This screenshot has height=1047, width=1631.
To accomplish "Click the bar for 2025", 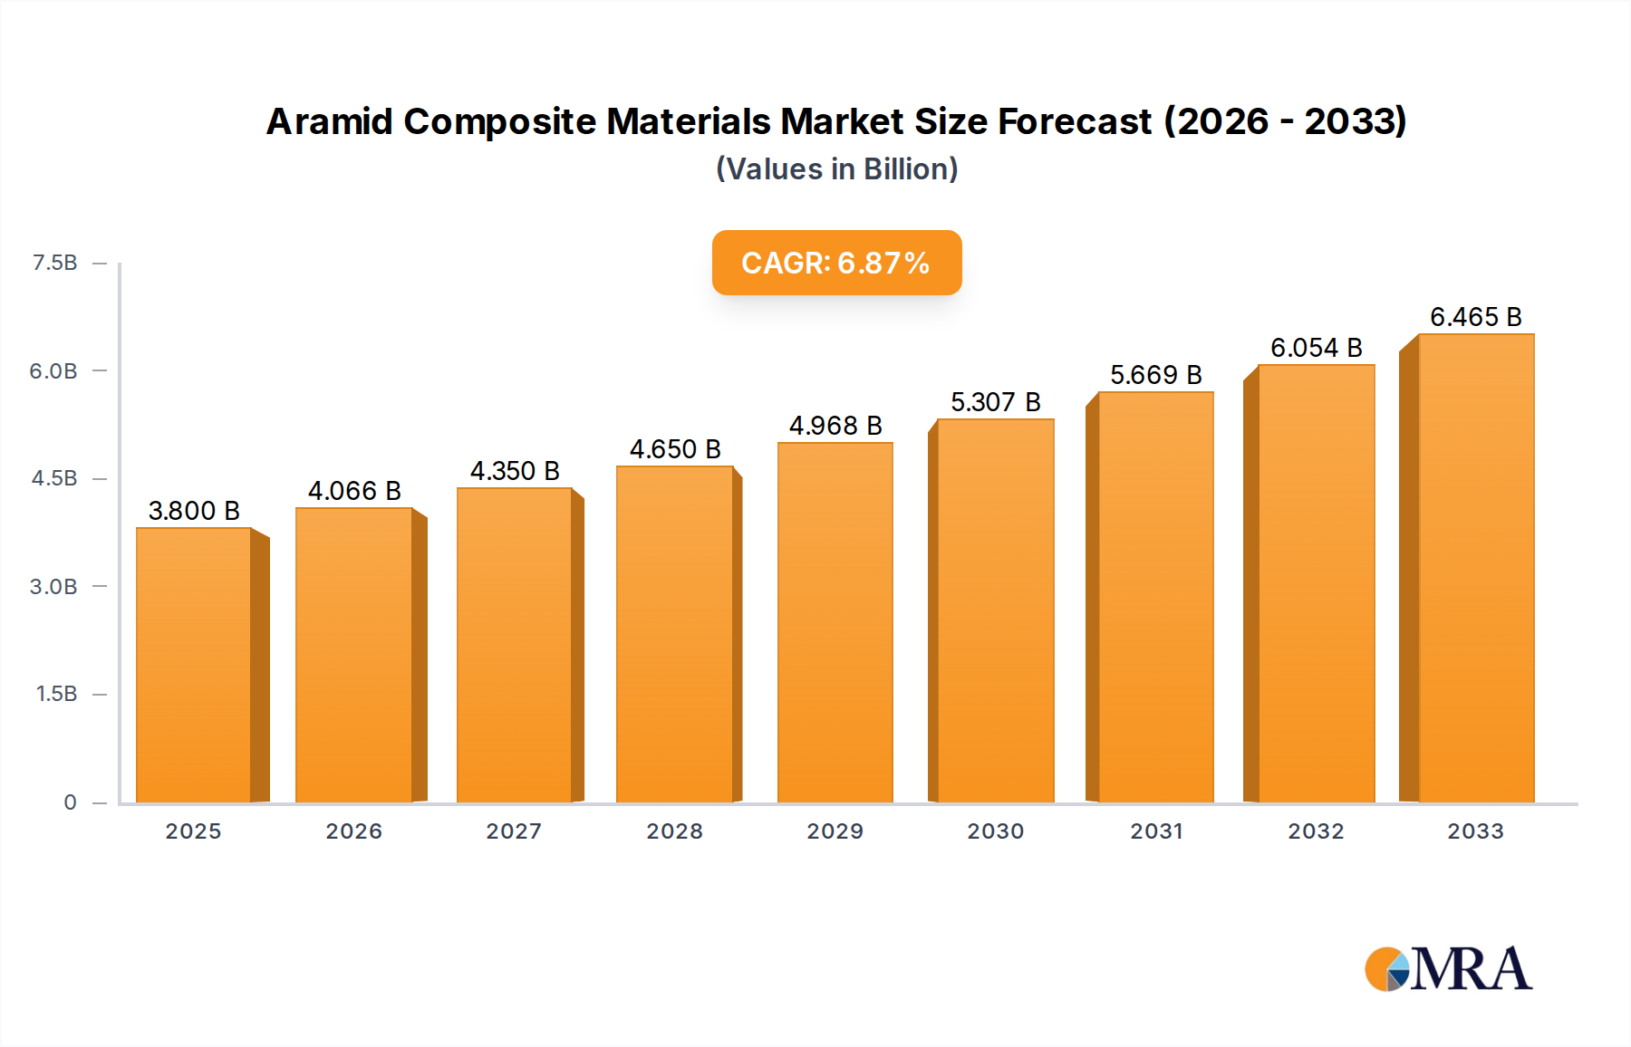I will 194,665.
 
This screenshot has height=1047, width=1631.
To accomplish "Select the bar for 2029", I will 835,622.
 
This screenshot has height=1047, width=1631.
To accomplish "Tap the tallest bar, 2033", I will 1476,568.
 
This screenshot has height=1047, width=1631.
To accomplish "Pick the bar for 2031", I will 1155,597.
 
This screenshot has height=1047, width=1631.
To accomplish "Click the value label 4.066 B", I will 354,491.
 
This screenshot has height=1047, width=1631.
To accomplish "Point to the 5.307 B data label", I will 995,402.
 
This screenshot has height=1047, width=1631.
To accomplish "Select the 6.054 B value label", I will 1316,348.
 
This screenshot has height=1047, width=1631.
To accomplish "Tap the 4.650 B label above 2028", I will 675,449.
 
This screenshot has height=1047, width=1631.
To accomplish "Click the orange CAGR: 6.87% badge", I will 836,263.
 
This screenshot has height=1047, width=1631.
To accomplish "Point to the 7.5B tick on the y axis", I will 55,263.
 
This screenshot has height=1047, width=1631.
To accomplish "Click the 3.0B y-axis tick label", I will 53,587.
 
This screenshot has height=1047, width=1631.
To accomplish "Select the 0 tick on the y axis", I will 70,802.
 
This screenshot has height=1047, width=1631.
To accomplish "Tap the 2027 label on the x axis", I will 514,831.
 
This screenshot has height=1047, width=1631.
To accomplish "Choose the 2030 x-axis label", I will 995,831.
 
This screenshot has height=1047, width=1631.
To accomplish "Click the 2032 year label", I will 1316,831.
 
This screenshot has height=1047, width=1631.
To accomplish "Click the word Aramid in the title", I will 329,121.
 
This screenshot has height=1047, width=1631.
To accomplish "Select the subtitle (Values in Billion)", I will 836,169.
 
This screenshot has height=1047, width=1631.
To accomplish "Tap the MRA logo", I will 1448,969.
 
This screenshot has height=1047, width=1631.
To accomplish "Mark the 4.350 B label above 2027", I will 515,471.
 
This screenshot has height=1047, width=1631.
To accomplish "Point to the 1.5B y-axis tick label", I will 56,694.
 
